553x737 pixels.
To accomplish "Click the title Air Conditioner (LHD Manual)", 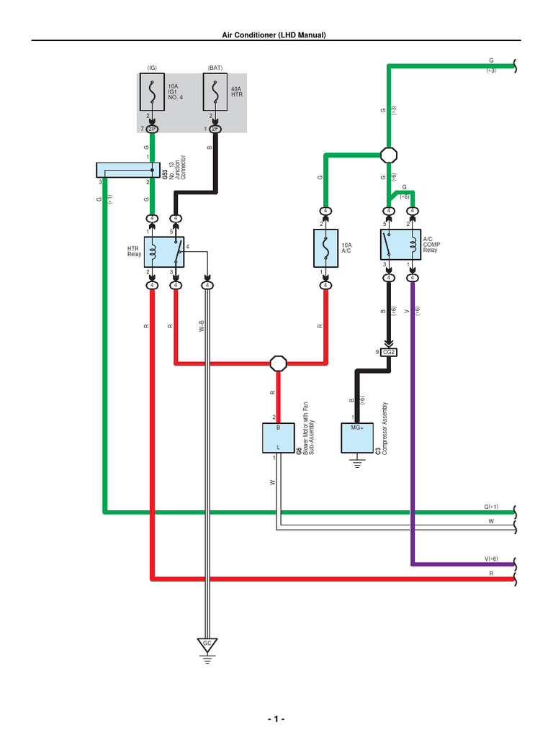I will (276, 35).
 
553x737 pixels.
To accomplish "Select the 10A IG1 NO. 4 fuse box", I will (152, 94).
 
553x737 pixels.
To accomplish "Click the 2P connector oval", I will (152, 129).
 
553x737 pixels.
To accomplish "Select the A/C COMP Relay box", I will (400, 245).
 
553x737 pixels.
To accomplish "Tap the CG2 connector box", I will (390, 352).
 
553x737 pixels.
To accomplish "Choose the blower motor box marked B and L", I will (278, 438).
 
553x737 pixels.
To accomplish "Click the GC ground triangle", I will (207, 643).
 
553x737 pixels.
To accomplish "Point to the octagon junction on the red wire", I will (278, 363).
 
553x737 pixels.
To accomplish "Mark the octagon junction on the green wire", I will (389, 155).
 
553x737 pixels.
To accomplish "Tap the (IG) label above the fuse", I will (152, 68).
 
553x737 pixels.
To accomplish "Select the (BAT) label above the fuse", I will (215, 68).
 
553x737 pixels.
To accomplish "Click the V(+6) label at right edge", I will (491, 559).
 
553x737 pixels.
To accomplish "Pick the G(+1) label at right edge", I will (491, 507).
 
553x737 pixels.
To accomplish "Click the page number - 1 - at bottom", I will (276, 719).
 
